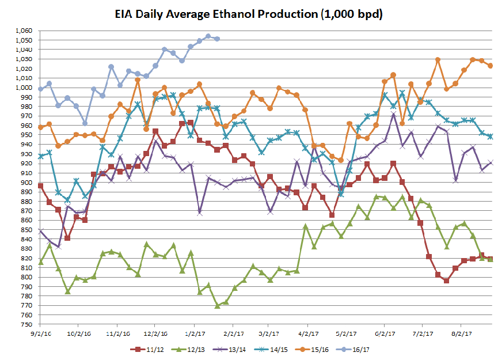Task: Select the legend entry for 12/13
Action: point(195,349)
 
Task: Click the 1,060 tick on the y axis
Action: point(23,31)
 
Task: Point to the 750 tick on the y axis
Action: point(26,324)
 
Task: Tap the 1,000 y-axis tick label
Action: point(23,88)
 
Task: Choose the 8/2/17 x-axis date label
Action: point(462,333)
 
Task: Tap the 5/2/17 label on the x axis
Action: point(347,333)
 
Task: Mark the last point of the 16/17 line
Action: point(217,39)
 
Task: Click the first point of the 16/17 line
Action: point(40,89)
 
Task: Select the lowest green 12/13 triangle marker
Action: point(217,306)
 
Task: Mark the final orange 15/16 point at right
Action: point(491,66)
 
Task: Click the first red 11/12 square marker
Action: point(40,185)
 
